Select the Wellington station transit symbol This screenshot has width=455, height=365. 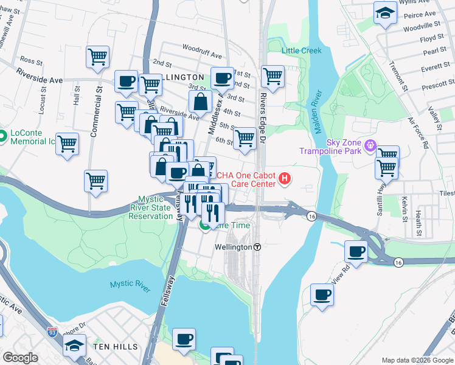(257, 248)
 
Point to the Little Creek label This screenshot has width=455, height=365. (301, 50)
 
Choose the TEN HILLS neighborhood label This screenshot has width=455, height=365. (112, 346)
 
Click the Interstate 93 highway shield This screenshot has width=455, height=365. (52, 332)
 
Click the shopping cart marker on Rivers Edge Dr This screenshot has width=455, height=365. (273, 77)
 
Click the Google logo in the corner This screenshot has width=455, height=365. (20, 358)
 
